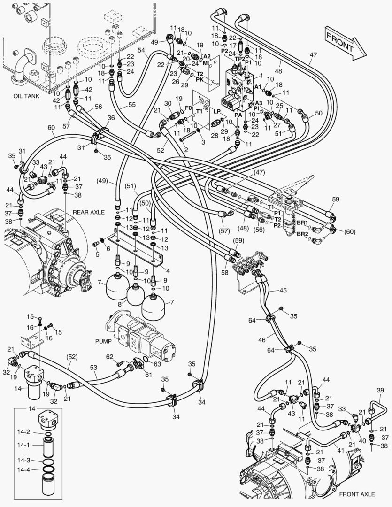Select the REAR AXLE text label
pos(88,212)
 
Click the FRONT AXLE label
pos(357,494)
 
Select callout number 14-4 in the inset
pos(23,469)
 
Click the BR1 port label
pos(302,223)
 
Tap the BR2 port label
pos(302,233)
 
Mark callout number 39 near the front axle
pos(381,391)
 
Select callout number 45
pos(283,290)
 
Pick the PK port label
pos(200,80)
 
